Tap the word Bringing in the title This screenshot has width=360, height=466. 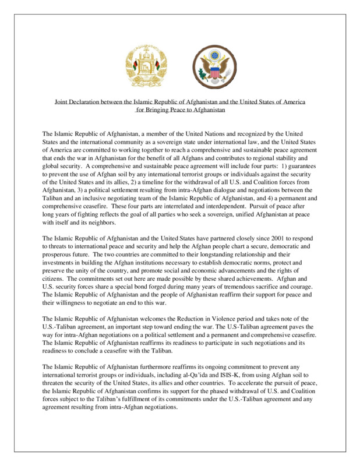pos(160,108)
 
